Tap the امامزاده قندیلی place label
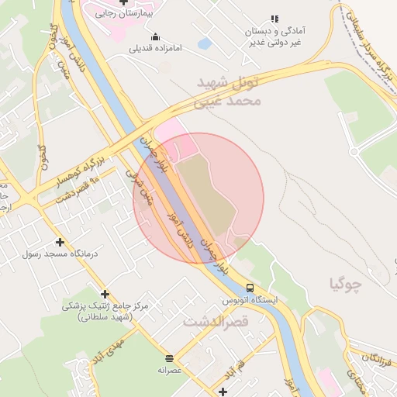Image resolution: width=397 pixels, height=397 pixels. [157, 48]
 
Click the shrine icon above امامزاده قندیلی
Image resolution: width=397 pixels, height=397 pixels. [156, 36]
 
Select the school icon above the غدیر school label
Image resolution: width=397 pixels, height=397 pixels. [273, 19]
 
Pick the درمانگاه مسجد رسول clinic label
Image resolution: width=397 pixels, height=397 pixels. [60, 254]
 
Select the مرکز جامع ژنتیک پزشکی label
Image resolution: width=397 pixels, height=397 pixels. [105, 310]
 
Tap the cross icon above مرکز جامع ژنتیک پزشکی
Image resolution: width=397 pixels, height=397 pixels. [105, 293]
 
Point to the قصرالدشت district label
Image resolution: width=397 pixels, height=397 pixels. [216, 320]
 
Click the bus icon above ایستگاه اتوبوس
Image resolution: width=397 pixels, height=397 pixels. [249, 286]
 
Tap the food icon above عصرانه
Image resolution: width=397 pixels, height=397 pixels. [170, 358]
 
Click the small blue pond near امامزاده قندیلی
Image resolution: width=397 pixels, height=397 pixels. [205, 44]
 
